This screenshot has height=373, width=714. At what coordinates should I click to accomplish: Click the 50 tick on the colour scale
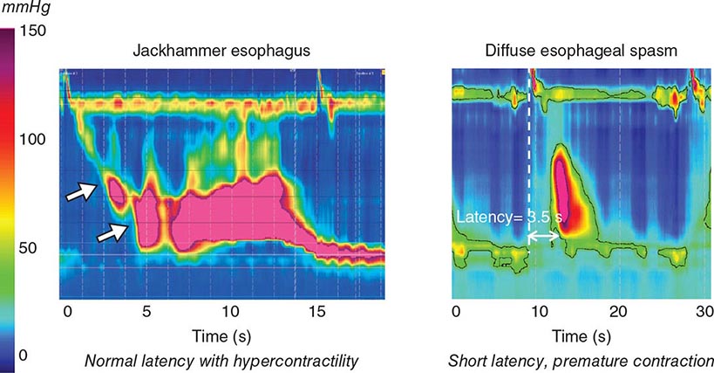[30, 248]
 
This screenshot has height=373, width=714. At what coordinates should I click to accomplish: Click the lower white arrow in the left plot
[112, 232]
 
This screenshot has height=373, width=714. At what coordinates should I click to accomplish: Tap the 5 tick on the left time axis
[146, 312]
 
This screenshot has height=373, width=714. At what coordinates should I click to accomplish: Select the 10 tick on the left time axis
[230, 312]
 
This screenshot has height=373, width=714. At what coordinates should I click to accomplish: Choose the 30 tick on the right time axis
[704, 312]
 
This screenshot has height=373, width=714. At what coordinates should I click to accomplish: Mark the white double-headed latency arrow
[544, 236]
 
